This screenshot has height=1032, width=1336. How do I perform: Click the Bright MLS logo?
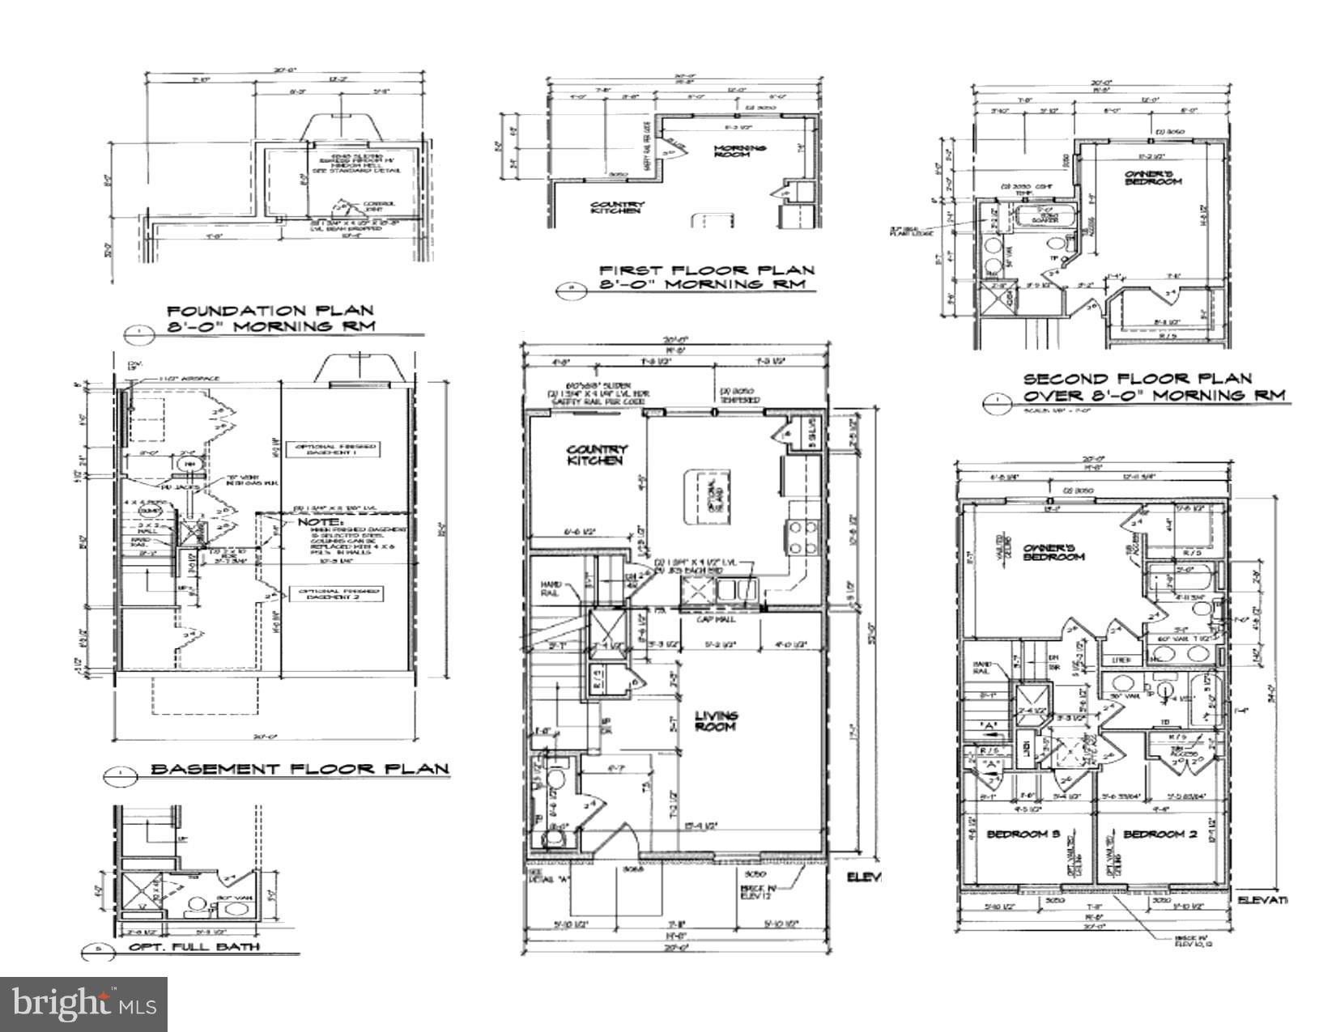pos(84,1004)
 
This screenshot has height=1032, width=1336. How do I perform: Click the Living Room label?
pos(717,720)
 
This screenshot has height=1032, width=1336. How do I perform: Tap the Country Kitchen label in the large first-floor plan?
pos(597,454)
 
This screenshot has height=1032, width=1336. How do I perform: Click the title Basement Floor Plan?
pos(300,769)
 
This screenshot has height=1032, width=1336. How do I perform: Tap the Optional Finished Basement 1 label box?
pos(338,450)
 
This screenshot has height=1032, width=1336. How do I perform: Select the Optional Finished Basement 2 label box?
pos(338,594)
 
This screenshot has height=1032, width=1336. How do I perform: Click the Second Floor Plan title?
pos(1137,379)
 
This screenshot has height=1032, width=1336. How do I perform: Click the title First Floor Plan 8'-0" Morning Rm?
pos(706,277)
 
